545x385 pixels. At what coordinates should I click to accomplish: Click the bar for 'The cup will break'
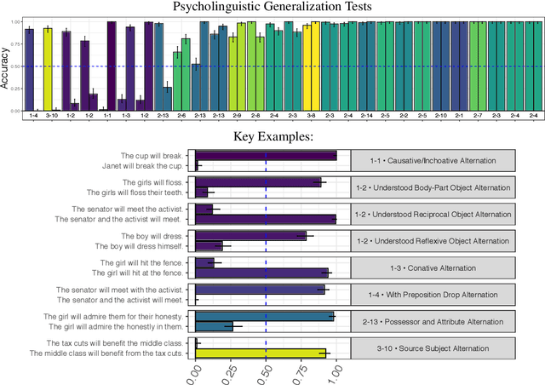tap(266, 155)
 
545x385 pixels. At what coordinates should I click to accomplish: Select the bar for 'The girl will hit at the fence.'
tap(262, 273)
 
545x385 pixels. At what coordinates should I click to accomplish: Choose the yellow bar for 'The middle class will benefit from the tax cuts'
tap(261, 353)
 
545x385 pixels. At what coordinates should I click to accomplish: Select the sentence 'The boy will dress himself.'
tap(139, 246)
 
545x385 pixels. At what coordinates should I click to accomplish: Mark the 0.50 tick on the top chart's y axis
tap(15, 66)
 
